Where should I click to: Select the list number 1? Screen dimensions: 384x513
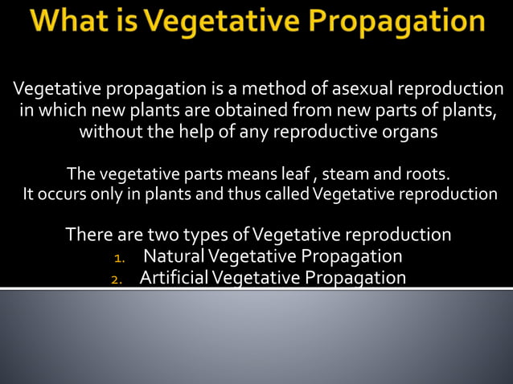tap(119, 258)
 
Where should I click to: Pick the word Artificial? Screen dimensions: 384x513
tap(179, 278)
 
